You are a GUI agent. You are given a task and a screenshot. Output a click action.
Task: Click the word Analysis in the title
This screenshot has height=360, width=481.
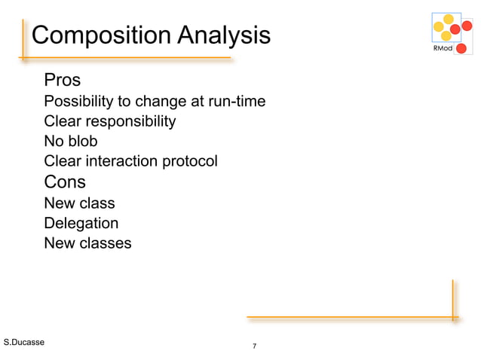pos(223,35)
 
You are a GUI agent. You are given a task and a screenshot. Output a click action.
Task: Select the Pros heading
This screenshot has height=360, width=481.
pos(63,80)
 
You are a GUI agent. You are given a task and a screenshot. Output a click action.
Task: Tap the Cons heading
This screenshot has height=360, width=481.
pos(65,182)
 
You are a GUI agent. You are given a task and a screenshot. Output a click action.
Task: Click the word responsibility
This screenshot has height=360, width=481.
pos(131,121)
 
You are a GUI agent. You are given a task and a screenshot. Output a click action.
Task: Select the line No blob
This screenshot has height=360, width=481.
pos(71,141)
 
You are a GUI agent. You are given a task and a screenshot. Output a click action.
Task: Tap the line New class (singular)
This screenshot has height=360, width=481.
pos(79,203)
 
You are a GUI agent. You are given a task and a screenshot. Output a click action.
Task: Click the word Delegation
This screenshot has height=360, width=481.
pos(81,223)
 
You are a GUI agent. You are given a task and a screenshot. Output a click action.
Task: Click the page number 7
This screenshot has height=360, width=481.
pos(254,346)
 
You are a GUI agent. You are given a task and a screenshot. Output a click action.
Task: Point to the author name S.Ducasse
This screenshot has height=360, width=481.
pos(24,343)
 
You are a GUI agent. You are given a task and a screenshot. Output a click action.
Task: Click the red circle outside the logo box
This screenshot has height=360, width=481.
pos(461,49)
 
